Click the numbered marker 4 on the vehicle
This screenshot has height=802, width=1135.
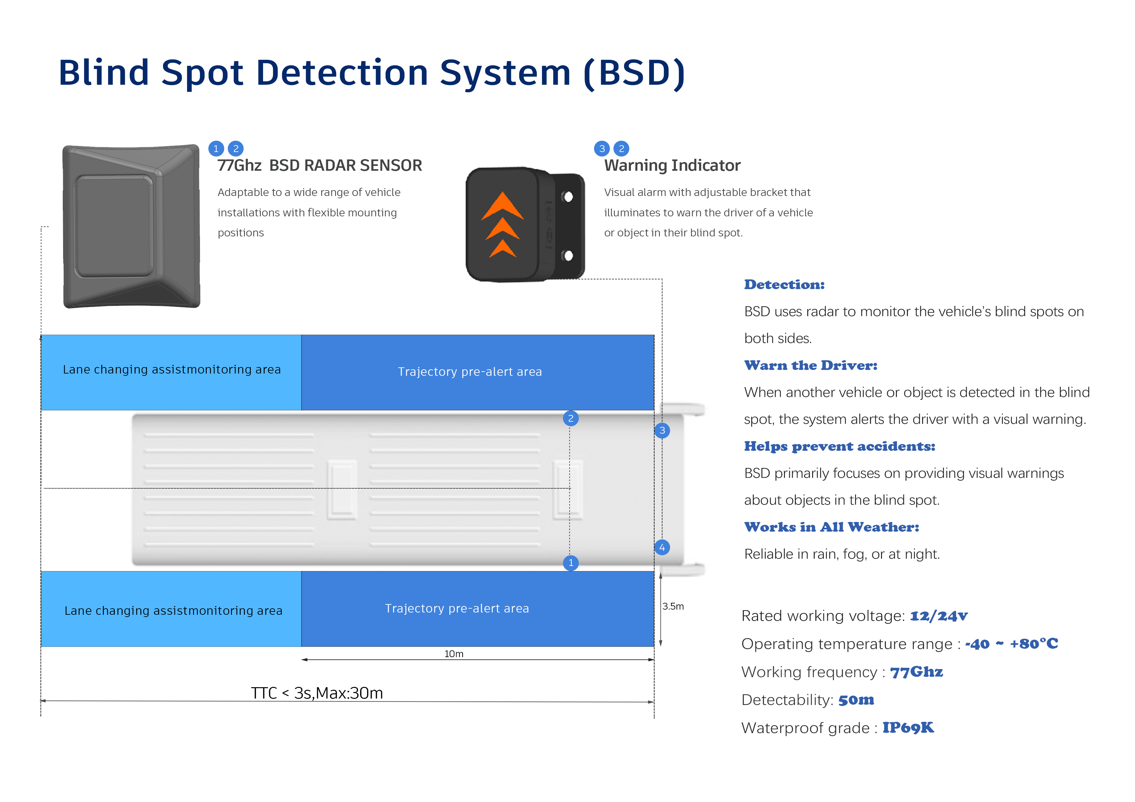click(662, 547)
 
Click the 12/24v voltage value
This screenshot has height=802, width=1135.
click(938, 616)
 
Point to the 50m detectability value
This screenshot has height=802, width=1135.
click(856, 700)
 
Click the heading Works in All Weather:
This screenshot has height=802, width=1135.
click(831, 527)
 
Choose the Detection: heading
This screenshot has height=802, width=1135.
click(784, 284)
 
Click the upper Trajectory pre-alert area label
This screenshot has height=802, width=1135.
click(469, 372)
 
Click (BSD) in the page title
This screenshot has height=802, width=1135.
click(634, 73)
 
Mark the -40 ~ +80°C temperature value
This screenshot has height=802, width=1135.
click(1011, 644)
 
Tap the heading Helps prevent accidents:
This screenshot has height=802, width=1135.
click(839, 446)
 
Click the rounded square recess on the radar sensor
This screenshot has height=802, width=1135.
click(114, 226)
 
